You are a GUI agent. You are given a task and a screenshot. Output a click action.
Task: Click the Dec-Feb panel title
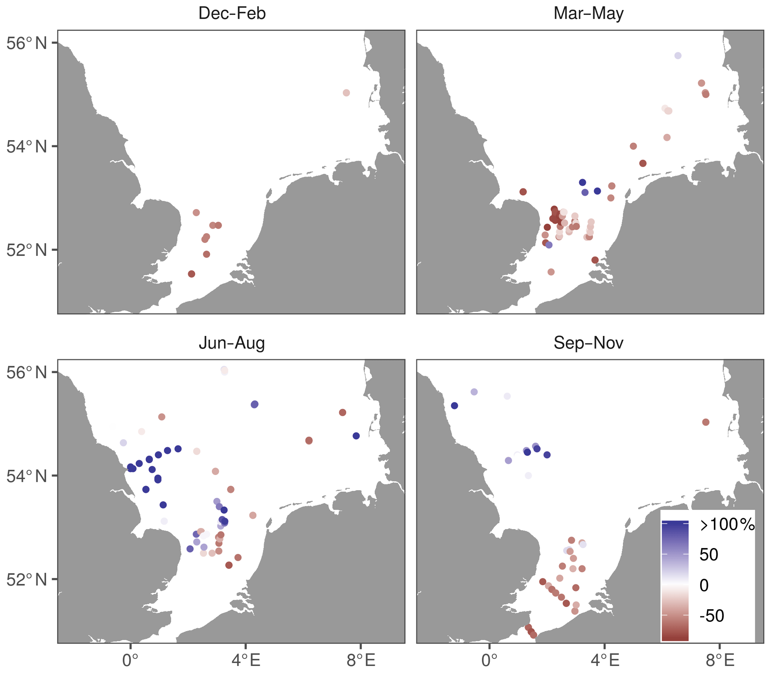(x=232, y=13)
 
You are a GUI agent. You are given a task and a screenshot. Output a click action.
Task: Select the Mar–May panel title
(x=588, y=13)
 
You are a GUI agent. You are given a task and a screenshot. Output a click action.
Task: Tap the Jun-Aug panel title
(x=232, y=343)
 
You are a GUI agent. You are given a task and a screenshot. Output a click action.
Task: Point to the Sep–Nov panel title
(x=588, y=343)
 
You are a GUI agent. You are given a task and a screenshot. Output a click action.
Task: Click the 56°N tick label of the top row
(x=27, y=44)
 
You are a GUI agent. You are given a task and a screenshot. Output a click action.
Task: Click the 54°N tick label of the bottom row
(x=27, y=476)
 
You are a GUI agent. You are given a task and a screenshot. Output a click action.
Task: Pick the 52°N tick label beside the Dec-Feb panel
(x=27, y=250)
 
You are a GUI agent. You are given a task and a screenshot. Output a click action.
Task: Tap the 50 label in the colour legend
(x=709, y=555)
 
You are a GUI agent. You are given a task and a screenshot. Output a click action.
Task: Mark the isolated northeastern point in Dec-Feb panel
(x=347, y=93)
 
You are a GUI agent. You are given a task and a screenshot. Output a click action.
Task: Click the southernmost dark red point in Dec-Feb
(x=192, y=274)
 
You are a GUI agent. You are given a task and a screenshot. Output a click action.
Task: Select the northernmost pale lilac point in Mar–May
(x=678, y=56)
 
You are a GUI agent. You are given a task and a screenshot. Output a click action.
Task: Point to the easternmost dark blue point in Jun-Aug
(x=356, y=435)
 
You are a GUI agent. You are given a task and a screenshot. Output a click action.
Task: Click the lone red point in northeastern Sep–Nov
(x=706, y=422)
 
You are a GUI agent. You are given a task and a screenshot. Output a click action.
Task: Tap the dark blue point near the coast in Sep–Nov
(x=454, y=406)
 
